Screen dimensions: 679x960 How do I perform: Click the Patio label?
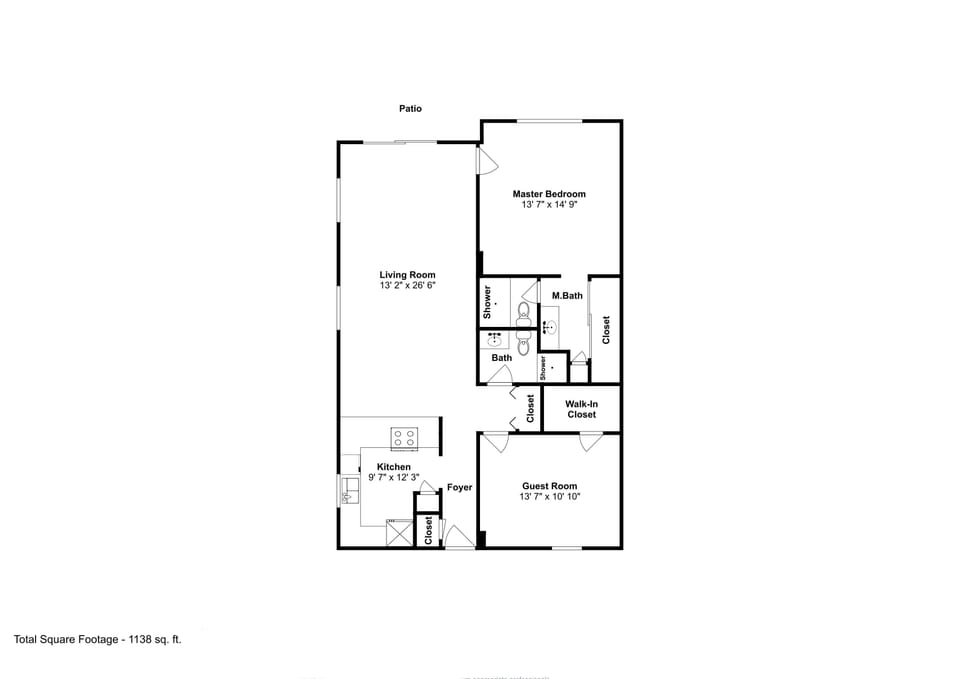(x=410, y=109)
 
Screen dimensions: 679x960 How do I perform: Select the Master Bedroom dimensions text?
(x=549, y=205)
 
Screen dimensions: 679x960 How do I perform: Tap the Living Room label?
(x=407, y=275)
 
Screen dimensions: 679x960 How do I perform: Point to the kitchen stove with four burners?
(x=404, y=438)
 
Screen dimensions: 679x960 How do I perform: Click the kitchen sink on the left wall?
(x=350, y=490)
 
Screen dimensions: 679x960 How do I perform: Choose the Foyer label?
(x=459, y=488)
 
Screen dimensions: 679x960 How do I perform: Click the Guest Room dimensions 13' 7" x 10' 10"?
(x=549, y=497)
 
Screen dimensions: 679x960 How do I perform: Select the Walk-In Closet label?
(x=581, y=409)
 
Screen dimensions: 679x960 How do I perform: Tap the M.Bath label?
(x=567, y=295)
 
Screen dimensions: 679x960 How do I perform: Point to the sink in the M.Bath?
(x=549, y=327)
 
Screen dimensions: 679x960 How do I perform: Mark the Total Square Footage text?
(x=97, y=638)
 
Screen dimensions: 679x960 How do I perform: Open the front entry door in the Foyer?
(x=458, y=537)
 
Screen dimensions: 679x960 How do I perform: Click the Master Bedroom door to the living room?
(x=486, y=161)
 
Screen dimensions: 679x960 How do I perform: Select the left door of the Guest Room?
(x=495, y=441)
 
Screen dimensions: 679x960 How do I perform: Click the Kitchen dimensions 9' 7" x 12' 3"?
(x=393, y=478)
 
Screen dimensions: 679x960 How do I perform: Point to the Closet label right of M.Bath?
(x=605, y=330)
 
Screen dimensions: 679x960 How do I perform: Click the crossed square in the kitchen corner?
(x=399, y=533)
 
